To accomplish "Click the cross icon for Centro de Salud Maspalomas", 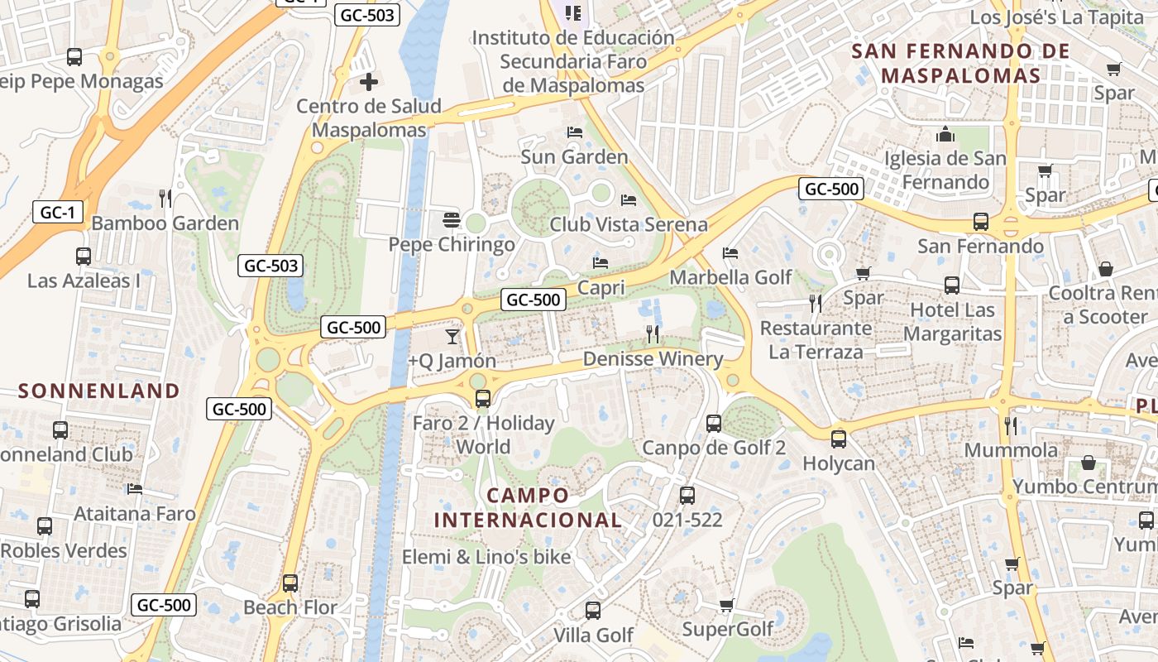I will pos(369,82).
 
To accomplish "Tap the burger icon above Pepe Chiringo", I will pos(451,220).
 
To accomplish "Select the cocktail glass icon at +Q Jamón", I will pos(452,336).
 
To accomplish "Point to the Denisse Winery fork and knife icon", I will pos(653,334).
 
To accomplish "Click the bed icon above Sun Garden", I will pos(574,132).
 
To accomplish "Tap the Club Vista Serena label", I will pos(629,224).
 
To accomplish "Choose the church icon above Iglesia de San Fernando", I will pos(945,134).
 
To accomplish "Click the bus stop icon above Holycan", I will pos(839,439).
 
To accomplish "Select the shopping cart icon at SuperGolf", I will pos(727,606).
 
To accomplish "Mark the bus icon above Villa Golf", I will pos(592,611).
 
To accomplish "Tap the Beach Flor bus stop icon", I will pos(289,583).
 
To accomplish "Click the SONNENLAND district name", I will pos(99,391).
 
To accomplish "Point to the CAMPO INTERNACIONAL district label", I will pos(528,508).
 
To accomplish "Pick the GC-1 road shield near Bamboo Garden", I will pos(58,213).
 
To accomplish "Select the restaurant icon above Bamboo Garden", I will pos(165,198).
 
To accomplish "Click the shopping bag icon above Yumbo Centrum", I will pos(1089,463).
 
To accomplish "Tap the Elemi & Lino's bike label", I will pos(486,557).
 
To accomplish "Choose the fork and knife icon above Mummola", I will pos(1010,425).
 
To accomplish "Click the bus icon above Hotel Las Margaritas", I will pos(952,285).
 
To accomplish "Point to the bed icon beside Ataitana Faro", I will pos(135,489).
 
